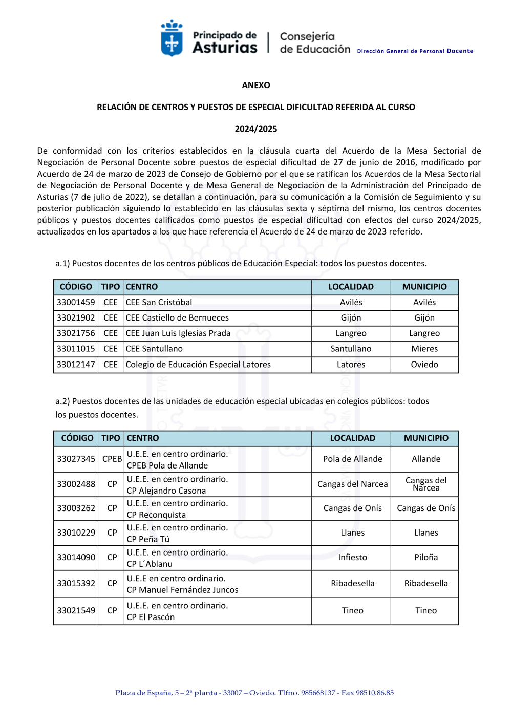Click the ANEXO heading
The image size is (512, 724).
click(256, 85)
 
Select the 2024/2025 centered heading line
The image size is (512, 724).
click(256, 129)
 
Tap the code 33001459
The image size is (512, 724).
click(76, 302)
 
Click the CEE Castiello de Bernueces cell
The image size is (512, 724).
click(177, 317)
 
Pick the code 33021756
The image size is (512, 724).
click(76, 333)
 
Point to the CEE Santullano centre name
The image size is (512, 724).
click(154, 349)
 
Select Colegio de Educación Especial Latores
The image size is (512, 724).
click(198, 365)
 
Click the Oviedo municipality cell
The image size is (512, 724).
click(424, 365)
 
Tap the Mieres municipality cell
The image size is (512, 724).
click(424, 349)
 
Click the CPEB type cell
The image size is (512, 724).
click(112, 459)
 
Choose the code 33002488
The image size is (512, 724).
click(76, 484)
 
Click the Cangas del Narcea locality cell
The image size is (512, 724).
click(352, 484)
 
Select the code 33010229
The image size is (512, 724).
click(76, 533)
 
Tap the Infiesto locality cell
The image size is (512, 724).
click(352, 557)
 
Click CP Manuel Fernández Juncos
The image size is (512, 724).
click(182, 590)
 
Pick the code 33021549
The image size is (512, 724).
click(76, 610)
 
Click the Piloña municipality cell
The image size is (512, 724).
click(426, 557)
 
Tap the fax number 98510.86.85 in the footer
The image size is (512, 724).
click(375, 693)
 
